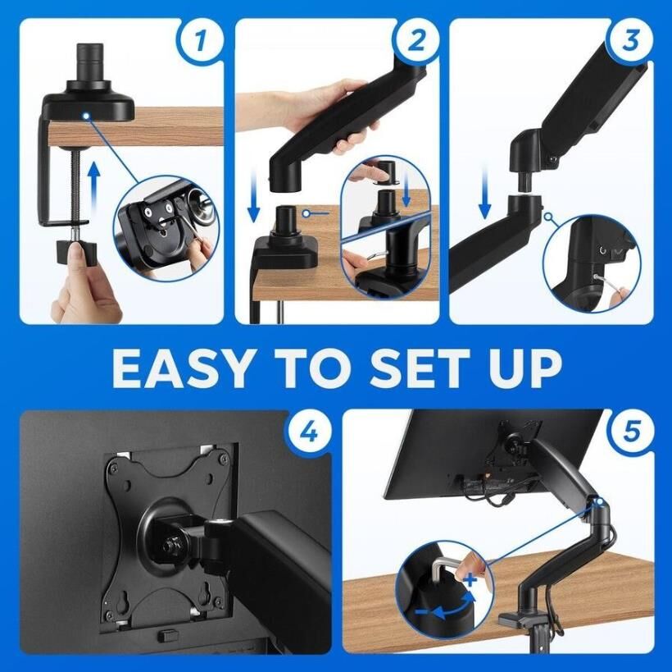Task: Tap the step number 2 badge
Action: click(x=416, y=42)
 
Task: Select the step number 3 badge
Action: click(x=630, y=41)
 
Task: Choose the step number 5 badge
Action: click(x=632, y=431)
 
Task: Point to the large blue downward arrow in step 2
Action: click(x=254, y=195)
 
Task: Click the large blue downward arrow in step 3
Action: click(x=484, y=193)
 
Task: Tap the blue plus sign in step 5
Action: click(x=470, y=580)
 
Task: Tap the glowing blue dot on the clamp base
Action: click(x=87, y=116)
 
